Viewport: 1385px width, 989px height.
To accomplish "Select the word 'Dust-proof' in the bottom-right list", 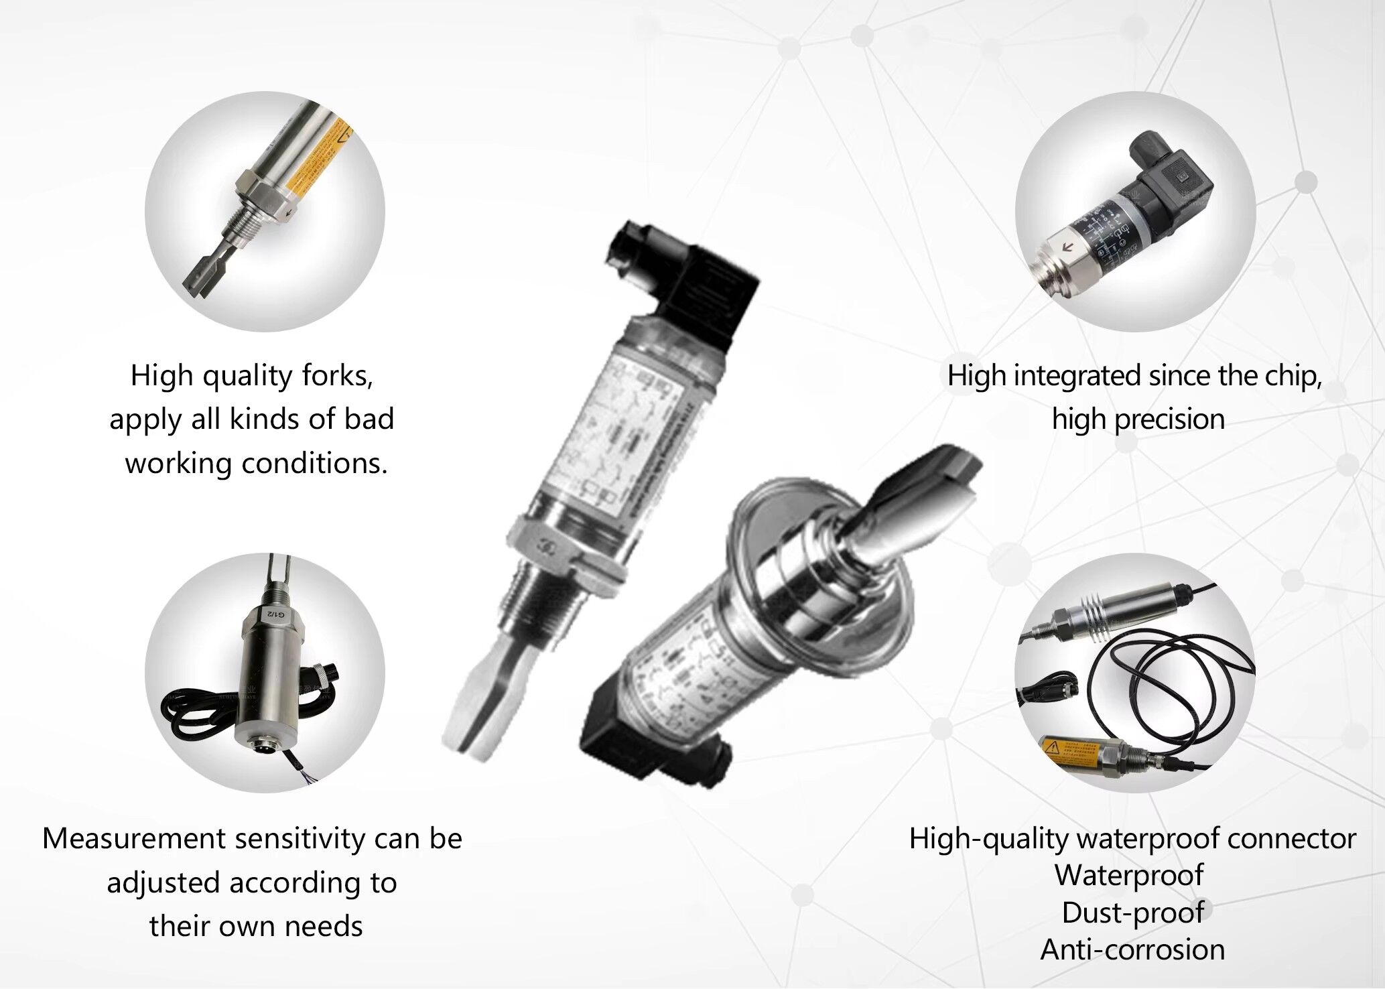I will click(1132, 913).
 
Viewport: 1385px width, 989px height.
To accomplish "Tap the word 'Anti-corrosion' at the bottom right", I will click(1132, 949).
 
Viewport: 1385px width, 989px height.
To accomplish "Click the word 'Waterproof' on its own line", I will click(1130, 875).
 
